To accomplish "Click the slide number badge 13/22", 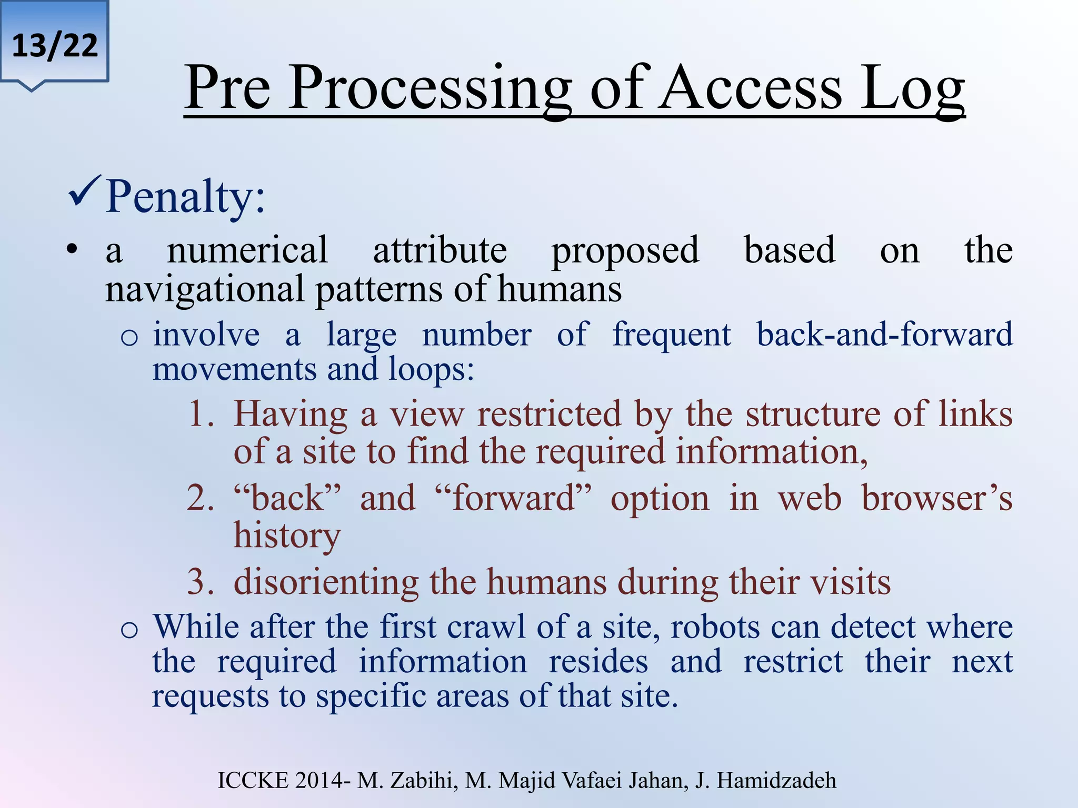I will click(x=55, y=46).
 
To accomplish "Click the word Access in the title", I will click(x=751, y=88).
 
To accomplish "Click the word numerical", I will click(x=247, y=250).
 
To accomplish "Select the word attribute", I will click(x=440, y=250).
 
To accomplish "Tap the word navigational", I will click(x=205, y=290).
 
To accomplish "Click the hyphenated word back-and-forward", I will click(x=884, y=335).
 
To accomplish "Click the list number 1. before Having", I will click(x=201, y=413).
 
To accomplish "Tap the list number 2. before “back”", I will click(x=201, y=498).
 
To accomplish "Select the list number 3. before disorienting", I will click(x=201, y=582).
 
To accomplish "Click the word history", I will click(x=287, y=536).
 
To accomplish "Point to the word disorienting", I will click(x=326, y=582).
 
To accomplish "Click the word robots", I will click(x=715, y=627).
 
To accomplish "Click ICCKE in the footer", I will click(x=253, y=780).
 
